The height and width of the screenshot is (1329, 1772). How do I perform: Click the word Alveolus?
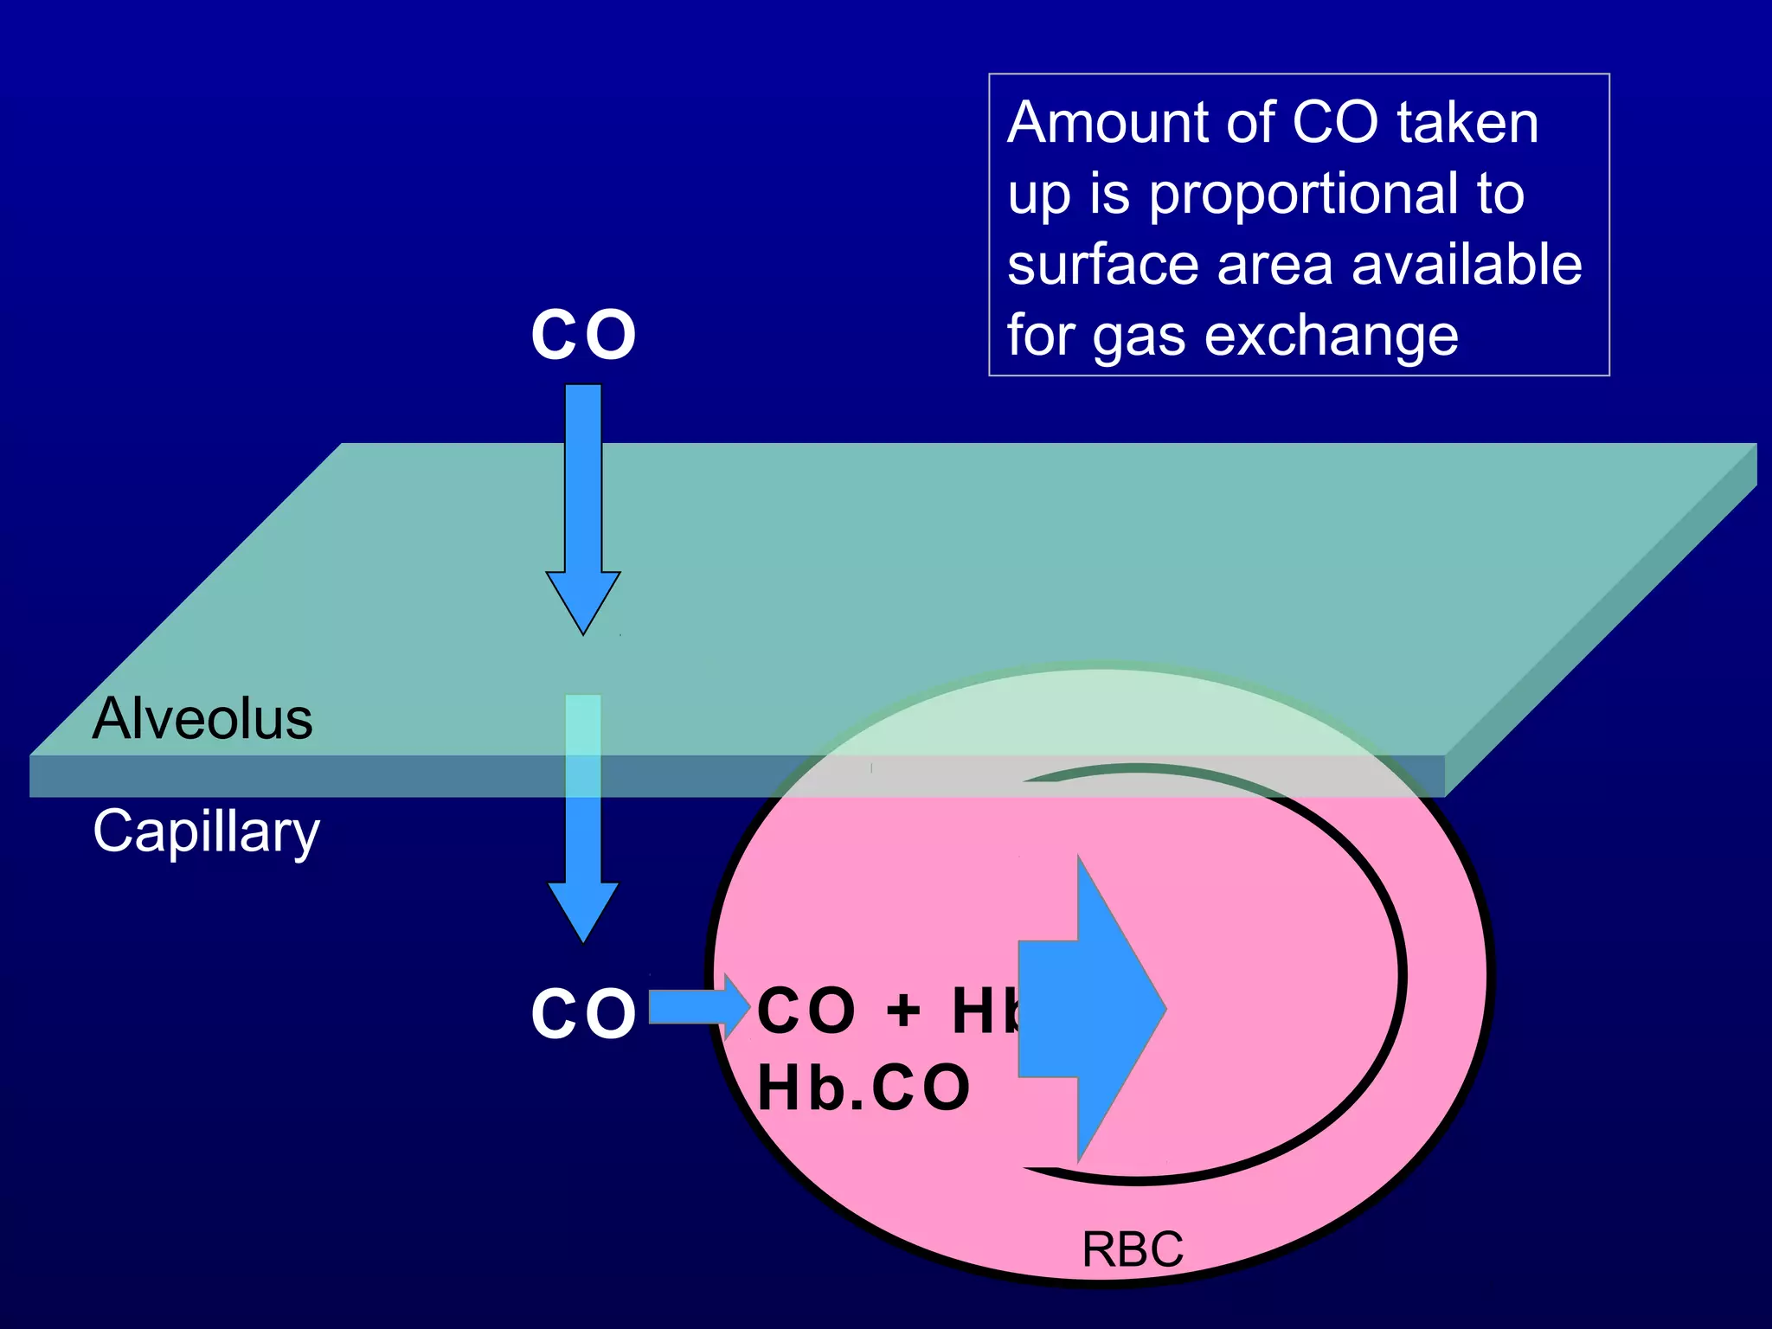(x=202, y=719)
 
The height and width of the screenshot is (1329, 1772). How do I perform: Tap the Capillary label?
(x=206, y=831)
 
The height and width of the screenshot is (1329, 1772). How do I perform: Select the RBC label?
(x=1133, y=1249)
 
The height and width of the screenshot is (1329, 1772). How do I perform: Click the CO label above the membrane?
(x=583, y=335)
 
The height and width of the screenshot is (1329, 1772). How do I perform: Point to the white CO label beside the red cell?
(x=583, y=1013)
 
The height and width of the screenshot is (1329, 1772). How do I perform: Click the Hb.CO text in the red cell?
(x=864, y=1088)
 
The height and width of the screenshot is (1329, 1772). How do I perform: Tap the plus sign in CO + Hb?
(x=903, y=1011)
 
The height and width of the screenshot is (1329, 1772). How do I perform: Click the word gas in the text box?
(x=1138, y=337)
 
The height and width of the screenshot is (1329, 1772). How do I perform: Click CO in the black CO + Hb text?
(x=806, y=1011)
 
